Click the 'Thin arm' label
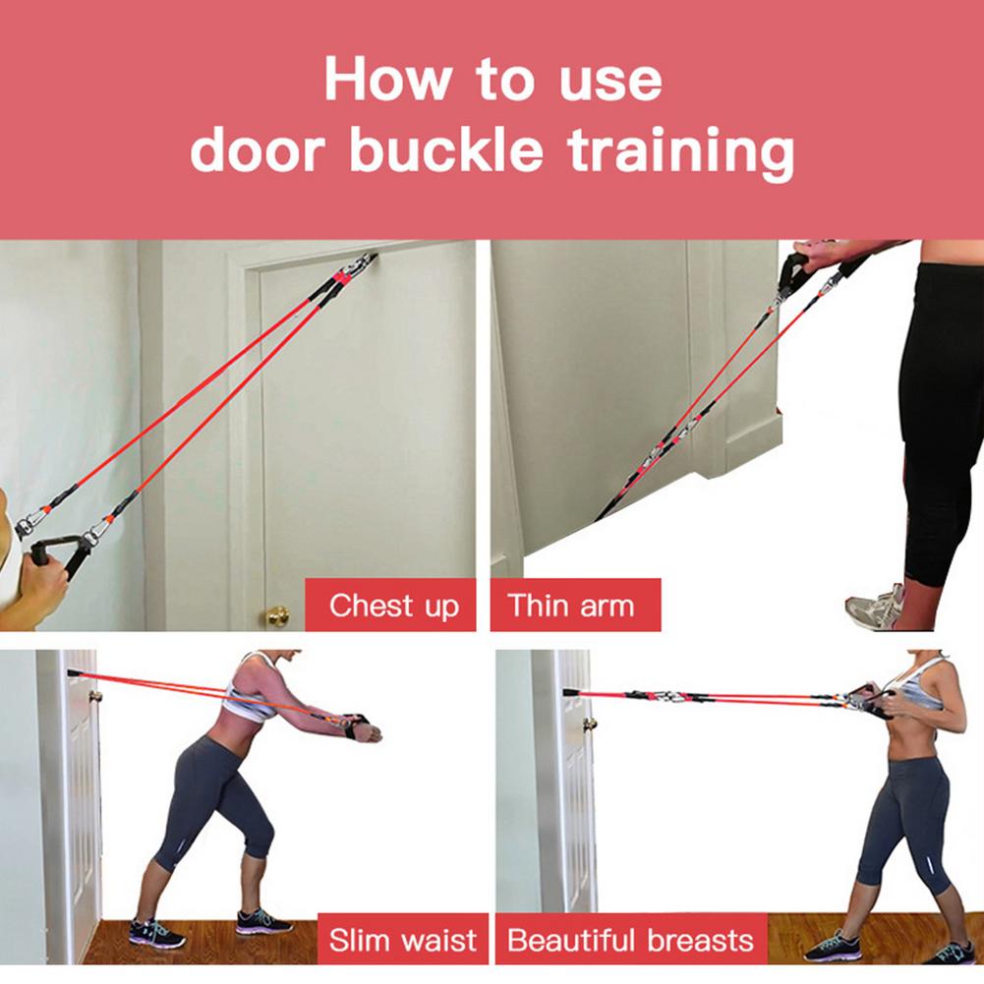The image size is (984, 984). [x=571, y=605]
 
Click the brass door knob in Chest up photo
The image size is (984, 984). [x=278, y=616]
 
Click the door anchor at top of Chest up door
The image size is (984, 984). [x=360, y=263]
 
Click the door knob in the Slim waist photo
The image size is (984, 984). [x=95, y=696]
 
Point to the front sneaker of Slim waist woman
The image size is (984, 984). [x=262, y=921]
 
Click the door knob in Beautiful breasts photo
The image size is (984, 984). [x=590, y=724]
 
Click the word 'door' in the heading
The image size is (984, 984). [x=259, y=150]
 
